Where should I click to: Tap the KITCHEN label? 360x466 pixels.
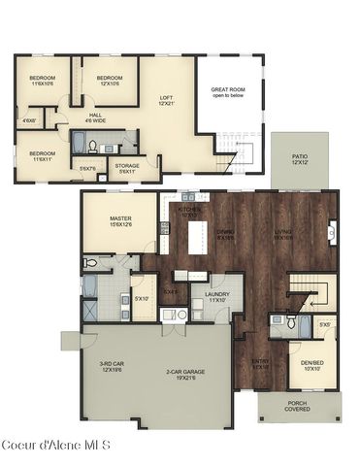pos(187,212)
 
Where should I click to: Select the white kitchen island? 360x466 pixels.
pos(199,234)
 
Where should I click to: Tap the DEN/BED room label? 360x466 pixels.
pos(313,366)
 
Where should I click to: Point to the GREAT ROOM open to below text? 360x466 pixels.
pos(229,93)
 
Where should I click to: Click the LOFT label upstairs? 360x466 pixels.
pos(166,100)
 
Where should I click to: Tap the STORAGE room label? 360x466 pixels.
pos(128,168)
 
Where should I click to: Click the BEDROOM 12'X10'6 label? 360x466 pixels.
pos(109,81)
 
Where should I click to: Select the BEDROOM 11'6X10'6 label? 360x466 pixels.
pos(42,81)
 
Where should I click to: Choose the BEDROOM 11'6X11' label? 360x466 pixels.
pos(41,155)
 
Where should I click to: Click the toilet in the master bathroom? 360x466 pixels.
pos(90,262)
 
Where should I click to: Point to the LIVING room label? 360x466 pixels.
pos(283,234)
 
